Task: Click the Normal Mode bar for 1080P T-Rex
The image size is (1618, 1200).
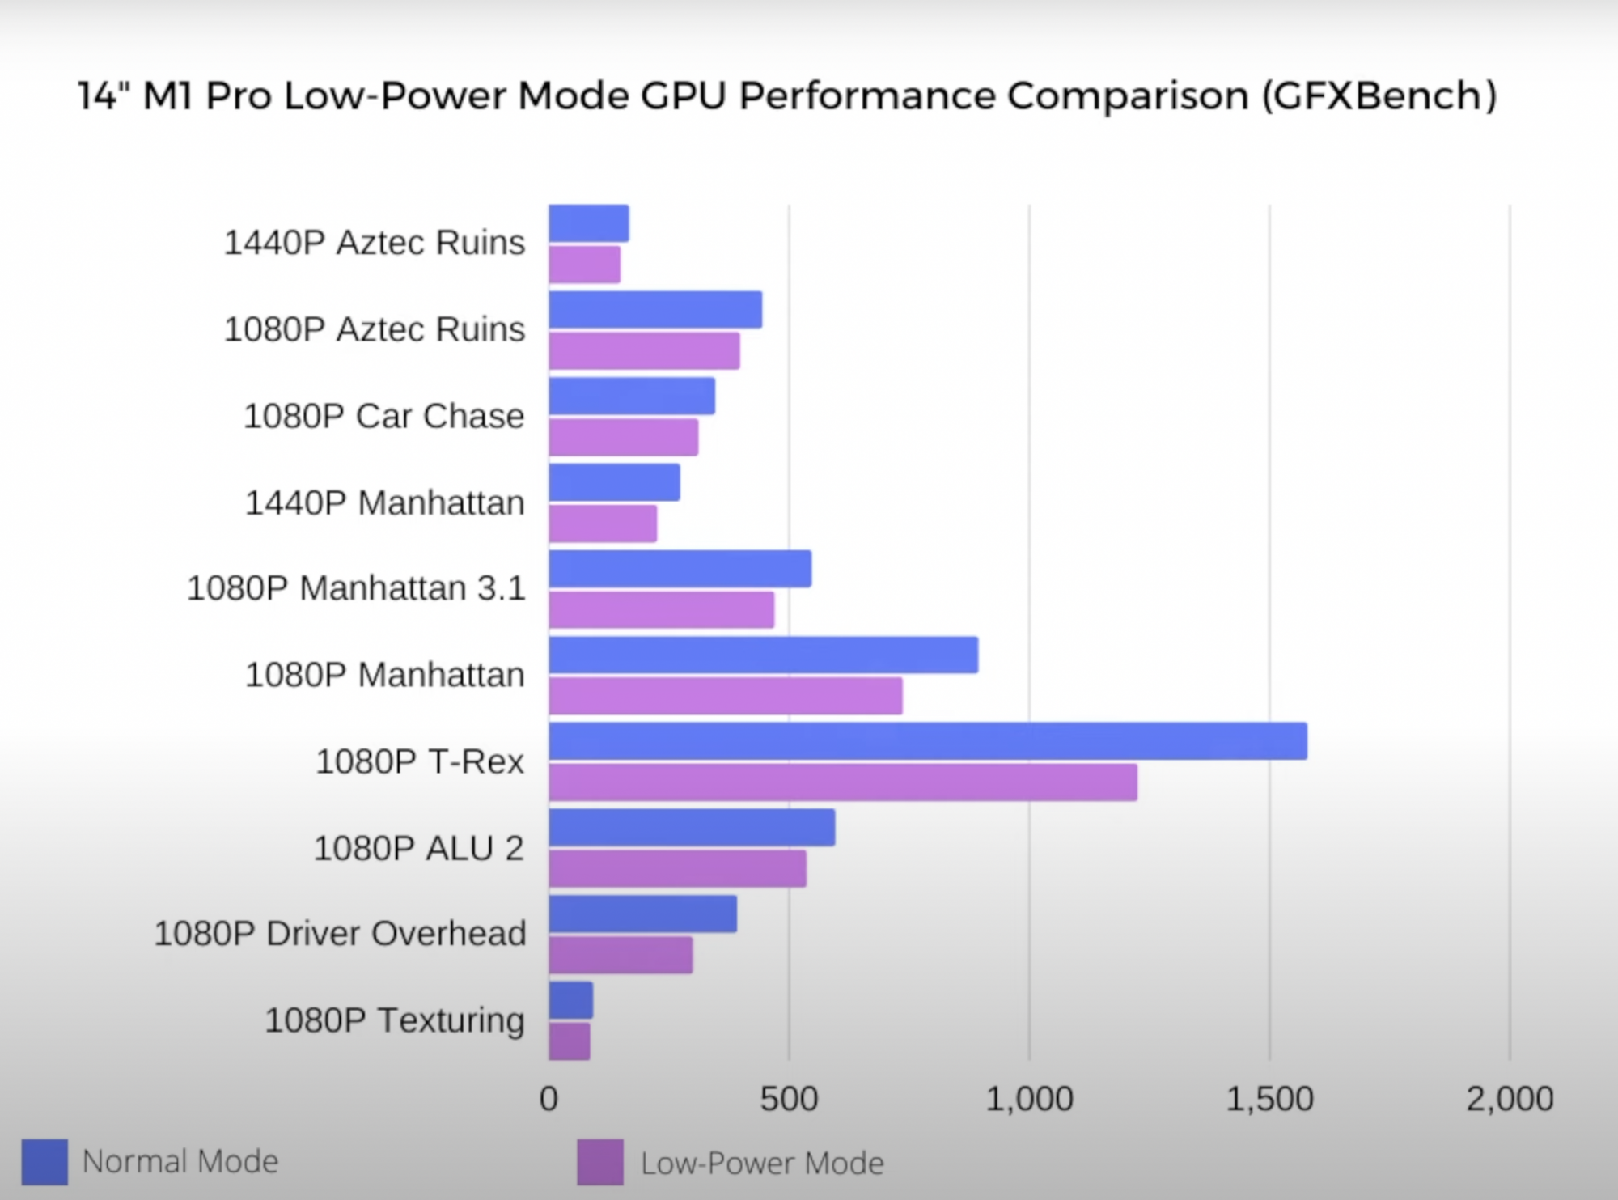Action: [927, 741]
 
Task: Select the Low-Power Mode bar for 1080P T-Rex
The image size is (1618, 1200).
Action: [842, 782]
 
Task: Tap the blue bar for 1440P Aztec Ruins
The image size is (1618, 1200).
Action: [588, 223]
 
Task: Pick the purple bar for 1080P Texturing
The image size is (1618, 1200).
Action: [570, 1041]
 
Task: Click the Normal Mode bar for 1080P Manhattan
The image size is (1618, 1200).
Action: [763, 655]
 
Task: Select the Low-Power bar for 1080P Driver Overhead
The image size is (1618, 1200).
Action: [621, 955]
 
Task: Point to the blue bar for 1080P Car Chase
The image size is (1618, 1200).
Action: [632, 396]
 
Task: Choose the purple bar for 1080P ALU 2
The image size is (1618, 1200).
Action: [677, 868]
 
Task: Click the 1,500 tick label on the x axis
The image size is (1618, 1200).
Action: [1269, 1099]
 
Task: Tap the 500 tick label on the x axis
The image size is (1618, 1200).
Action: [789, 1099]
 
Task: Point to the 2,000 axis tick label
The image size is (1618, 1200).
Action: [1510, 1099]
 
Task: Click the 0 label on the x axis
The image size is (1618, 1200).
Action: [549, 1099]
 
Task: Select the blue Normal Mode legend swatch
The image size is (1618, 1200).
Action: [44, 1162]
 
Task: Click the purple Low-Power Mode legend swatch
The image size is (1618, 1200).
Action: [600, 1162]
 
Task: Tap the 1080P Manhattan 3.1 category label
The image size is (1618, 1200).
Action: [356, 588]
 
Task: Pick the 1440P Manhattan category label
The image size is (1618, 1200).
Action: [385, 502]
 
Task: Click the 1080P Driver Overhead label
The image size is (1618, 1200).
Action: [340, 933]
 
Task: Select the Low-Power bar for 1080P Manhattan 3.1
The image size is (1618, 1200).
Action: [661, 609]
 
